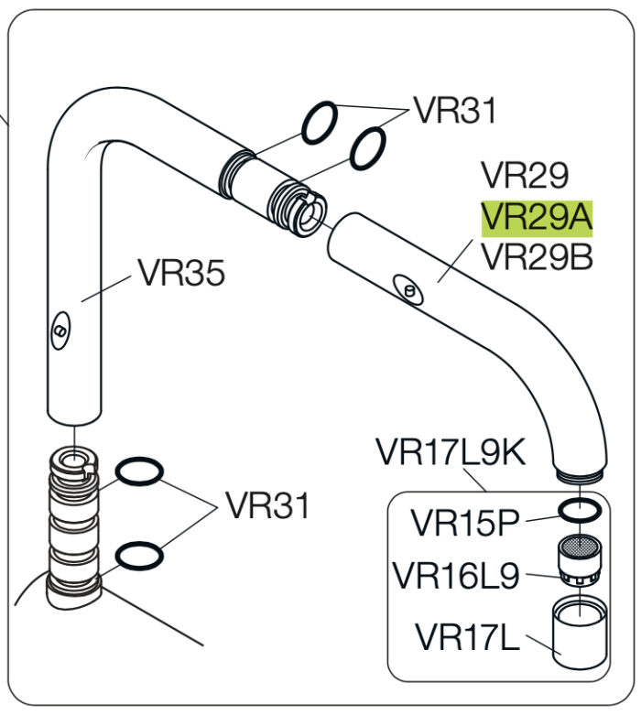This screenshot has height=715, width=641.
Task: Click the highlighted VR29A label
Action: [538, 218]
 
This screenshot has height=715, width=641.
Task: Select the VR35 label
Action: [180, 272]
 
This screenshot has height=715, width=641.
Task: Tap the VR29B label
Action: [538, 258]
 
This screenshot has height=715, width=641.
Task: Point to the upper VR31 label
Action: [454, 111]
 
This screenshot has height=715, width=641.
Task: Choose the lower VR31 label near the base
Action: [267, 505]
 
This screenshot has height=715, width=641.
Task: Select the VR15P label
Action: [464, 523]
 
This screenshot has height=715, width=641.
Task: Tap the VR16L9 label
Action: [455, 576]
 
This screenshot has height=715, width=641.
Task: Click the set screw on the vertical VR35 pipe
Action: [60, 330]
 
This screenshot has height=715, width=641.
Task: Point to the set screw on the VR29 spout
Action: [408, 289]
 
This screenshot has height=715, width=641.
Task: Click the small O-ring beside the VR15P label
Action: [579, 509]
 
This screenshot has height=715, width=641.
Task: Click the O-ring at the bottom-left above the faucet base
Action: [139, 555]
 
